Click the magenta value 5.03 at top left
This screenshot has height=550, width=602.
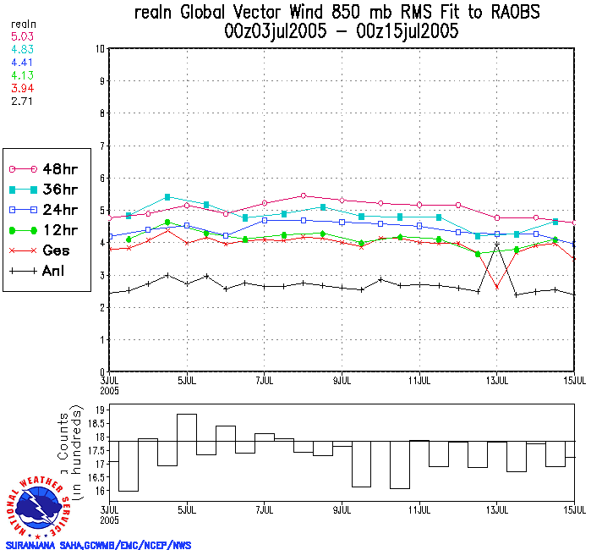tap(21, 36)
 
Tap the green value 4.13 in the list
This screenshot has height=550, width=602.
tap(21, 74)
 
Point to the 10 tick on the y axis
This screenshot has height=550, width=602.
tap(98, 49)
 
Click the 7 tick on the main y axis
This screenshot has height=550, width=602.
tap(100, 146)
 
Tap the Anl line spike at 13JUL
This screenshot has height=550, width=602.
tap(497, 244)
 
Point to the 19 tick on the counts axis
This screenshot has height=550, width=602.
tap(99, 410)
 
